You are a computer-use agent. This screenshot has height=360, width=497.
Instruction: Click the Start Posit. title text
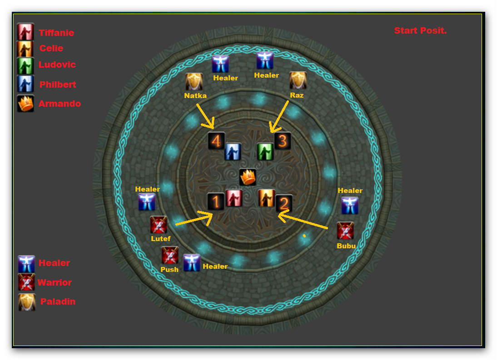tap(420, 31)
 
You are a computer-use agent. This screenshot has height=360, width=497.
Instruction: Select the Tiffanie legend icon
tap(25, 32)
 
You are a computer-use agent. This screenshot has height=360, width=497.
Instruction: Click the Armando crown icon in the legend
tap(25, 104)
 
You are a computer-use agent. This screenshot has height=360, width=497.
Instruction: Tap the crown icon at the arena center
tap(248, 177)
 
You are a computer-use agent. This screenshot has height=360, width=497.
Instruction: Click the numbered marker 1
tap(216, 202)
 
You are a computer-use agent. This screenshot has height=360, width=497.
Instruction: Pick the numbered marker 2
tap(283, 203)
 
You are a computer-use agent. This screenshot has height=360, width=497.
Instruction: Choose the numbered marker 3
tap(283, 141)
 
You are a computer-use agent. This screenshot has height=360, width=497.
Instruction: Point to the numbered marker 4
tap(216, 141)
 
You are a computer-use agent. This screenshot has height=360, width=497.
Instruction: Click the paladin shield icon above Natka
tap(194, 82)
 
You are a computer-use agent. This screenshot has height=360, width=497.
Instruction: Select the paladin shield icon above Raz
tap(298, 80)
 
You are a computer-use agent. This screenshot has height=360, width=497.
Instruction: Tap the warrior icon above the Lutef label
tap(159, 225)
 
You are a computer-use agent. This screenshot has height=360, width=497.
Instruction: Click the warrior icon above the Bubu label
tap(345, 231)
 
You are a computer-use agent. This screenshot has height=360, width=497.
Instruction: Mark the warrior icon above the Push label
tap(170, 255)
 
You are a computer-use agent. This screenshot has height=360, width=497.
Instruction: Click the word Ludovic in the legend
tap(57, 64)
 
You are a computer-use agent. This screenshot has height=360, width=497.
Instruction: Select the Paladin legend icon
tap(26, 302)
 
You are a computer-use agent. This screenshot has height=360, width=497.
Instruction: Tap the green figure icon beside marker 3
tap(265, 152)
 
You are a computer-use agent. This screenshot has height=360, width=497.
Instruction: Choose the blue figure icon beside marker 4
tap(233, 152)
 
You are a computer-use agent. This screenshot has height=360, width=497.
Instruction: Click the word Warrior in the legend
tap(55, 282)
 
